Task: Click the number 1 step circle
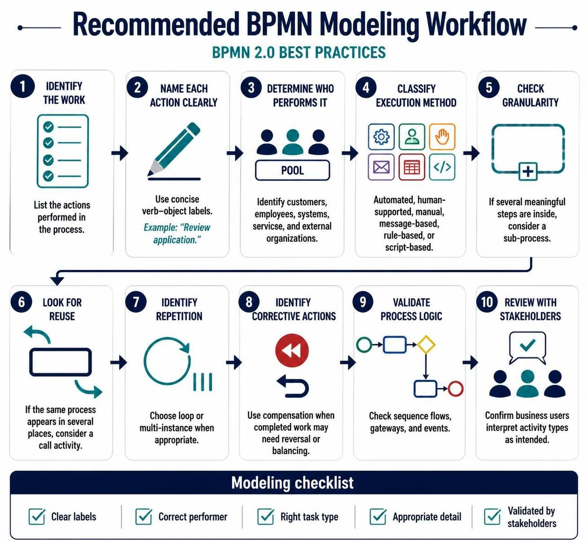[22, 87]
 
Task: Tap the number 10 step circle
[487, 302]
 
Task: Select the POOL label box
[292, 170]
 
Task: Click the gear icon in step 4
[381, 137]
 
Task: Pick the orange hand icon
[442, 137]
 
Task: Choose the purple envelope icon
[381, 167]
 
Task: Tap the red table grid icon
[412, 167]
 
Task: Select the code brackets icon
[442, 167]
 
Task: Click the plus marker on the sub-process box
[528, 171]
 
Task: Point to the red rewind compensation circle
[292, 350]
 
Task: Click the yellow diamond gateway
[426, 344]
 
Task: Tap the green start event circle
[364, 345]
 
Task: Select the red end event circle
[455, 389]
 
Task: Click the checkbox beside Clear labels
[37, 516]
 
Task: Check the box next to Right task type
[265, 516]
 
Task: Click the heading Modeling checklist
[292, 483]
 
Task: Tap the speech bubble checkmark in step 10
[528, 344]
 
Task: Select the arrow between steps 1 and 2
[120, 153]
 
